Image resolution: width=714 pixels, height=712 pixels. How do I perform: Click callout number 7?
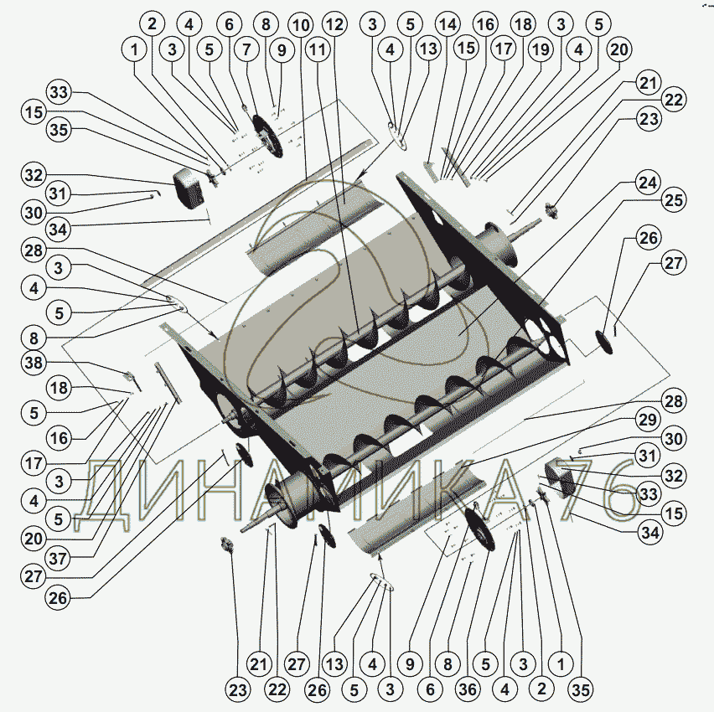[x=247, y=49]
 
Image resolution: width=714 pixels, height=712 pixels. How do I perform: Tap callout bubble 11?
[x=317, y=49]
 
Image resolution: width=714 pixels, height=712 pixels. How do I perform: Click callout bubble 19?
[x=541, y=49]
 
